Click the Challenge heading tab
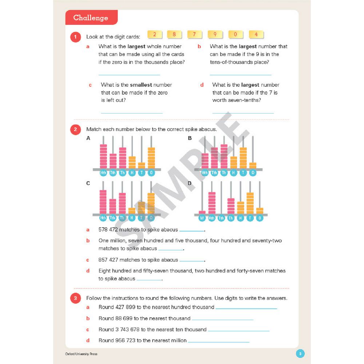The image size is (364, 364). click(x=91, y=18)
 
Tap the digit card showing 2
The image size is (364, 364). click(x=155, y=35)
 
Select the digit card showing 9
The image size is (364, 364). click(x=215, y=35)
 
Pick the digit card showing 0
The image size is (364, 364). click(x=236, y=35)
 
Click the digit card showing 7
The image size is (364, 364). click(x=195, y=35)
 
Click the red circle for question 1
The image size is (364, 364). click(x=75, y=37)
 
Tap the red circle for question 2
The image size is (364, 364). click(x=75, y=130)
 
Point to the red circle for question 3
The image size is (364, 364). click(x=75, y=298)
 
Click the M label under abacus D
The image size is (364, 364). click(x=202, y=218)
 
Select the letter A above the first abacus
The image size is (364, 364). click(x=88, y=138)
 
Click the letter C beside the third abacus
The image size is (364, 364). click(x=88, y=183)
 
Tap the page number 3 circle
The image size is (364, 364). click(x=300, y=353)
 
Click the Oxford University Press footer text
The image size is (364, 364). click(x=81, y=354)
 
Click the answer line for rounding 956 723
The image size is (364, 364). click(x=218, y=341)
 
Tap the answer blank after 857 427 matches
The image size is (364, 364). click(x=192, y=261)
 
